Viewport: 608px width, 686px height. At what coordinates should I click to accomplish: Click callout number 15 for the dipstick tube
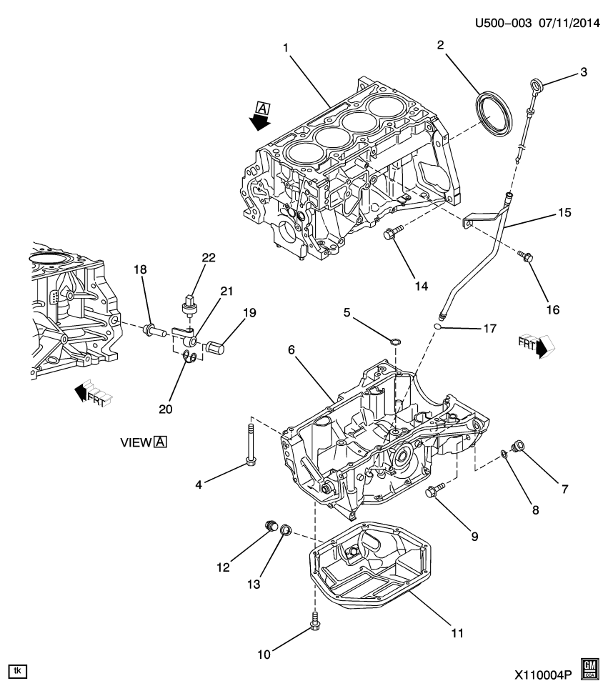coord(566,212)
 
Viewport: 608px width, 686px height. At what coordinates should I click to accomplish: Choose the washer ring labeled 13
coord(285,531)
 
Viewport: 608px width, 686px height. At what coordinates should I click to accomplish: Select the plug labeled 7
coord(519,449)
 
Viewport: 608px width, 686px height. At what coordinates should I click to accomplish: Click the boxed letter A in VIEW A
coord(160,442)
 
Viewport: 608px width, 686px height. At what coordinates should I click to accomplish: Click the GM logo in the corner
coord(590,667)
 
